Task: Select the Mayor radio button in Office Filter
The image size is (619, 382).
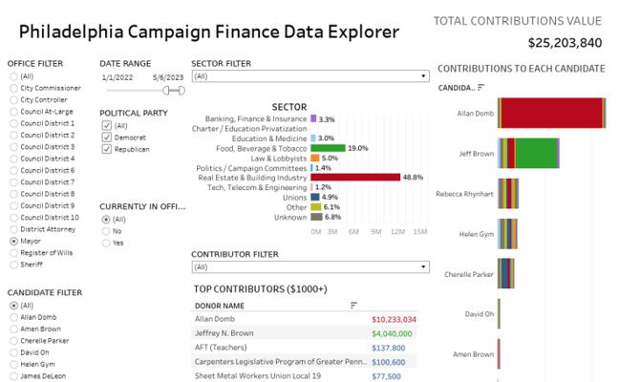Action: click(12, 241)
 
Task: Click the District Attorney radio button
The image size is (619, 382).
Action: click(12, 229)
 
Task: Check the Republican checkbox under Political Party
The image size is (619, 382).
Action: click(105, 149)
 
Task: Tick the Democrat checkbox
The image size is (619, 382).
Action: click(105, 138)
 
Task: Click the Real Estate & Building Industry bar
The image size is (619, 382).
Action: click(355, 177)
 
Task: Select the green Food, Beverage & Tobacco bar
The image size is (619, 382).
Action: click(328, 148)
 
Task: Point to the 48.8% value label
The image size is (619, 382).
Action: click(413, 178)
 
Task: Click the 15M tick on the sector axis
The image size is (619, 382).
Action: click(418, 232)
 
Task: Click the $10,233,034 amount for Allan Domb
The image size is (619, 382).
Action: click(393, 319)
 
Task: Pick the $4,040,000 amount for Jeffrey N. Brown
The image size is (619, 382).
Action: click(393, 333)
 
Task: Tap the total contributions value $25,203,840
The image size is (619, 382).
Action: click(565, 42)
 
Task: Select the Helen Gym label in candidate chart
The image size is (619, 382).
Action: click(476, 233)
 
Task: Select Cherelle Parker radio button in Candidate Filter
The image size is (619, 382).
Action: click(12, 340)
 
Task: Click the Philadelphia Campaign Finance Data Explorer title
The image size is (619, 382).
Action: click(208, 32)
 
